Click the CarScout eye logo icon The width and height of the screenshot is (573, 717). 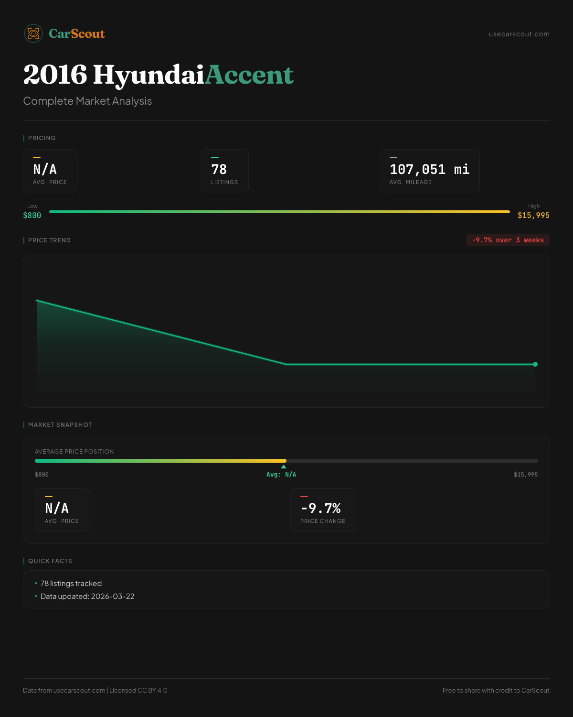coord(33,33)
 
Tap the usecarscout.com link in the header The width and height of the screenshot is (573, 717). coord(519,34)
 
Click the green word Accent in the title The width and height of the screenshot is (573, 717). coord(249,75)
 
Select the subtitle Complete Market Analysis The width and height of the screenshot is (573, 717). coord(87,101)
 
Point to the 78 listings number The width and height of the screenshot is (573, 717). coord(219,169)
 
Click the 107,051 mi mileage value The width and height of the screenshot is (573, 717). coord(429,169)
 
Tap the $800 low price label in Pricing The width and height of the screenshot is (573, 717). coord(32,216)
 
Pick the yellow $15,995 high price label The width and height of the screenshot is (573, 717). coord(533,216)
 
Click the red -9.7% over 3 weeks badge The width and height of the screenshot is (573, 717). coord(508,240)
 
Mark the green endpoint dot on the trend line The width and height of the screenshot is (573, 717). coord(535,364)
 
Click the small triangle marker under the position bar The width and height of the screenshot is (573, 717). coord(284,467)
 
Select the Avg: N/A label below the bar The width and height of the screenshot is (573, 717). coord(281,475)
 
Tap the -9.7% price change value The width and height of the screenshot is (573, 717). coord(321,508)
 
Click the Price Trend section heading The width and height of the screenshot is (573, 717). coord(49,240)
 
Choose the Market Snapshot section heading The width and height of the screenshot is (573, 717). coord(60,425)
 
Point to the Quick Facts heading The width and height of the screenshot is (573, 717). coord(50,561)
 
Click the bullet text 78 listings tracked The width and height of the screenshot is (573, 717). coord(71,584)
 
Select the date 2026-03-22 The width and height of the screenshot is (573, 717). coord(113,597)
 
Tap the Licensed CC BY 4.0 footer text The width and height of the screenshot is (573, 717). coord(138,690)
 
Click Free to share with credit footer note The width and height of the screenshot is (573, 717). coord(496,690)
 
